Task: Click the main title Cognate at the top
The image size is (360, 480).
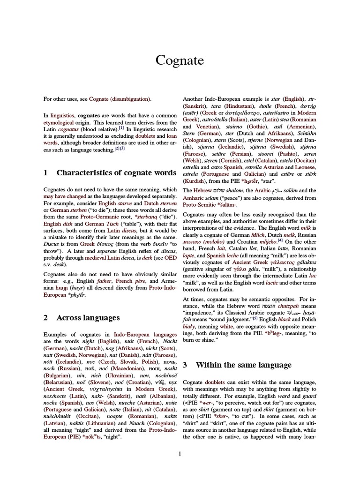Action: (x=180, y=61)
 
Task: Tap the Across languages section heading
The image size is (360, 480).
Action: (x=88, y=317)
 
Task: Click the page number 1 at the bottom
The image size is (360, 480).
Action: (x=180, y=453)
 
